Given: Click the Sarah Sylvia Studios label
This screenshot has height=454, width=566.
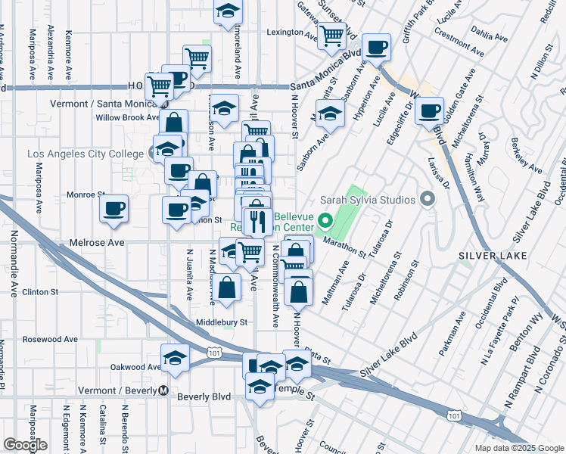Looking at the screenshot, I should coord(368,200).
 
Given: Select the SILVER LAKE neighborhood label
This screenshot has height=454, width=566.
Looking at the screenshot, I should coord(487,256).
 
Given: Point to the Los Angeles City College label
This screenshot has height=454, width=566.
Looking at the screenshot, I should coord(85,154).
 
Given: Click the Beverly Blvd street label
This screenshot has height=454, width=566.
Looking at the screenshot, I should coord(204,396).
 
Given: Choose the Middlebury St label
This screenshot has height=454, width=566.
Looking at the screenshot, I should coord(222,322).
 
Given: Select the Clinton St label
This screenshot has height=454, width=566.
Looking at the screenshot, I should coord(40,291).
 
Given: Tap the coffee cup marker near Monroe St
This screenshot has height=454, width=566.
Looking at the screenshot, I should coord(114,208).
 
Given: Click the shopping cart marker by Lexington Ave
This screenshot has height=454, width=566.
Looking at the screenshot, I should coord(331,34).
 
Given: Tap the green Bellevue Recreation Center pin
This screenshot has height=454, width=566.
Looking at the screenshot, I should coord(326,222).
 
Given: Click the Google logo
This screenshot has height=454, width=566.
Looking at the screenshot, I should coord(25,445).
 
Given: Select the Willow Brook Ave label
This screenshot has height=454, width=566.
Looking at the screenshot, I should coord(127,117).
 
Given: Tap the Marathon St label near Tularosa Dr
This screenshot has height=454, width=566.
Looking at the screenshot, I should coord(344,243).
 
